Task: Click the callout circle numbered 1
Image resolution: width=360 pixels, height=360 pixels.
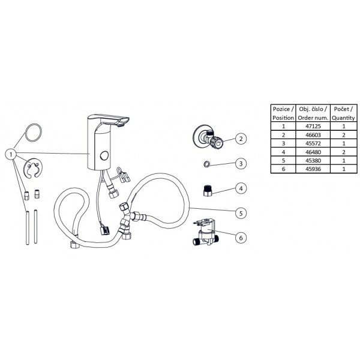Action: (x=11, y=154)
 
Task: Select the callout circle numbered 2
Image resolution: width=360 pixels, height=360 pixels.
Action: (x=241, y=139)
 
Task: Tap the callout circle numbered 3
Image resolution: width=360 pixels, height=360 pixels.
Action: (x=241, y=164)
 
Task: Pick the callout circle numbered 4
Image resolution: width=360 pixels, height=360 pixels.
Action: (x=241, y=188)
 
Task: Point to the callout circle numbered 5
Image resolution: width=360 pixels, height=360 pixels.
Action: (x=241, y=213)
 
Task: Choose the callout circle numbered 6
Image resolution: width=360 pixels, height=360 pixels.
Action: (x=241, y=238)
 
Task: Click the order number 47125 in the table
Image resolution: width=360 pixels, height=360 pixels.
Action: (x=313, y=126)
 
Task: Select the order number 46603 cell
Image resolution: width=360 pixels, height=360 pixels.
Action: (x=313, y=135)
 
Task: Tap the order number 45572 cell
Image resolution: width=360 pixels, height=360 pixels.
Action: (x=313, y=143)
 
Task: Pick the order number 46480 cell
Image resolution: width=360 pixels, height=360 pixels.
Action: (x=313, y=152)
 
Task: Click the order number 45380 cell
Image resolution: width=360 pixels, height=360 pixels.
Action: (x=313, y=160)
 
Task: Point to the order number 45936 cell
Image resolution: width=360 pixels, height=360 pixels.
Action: (x=313, y=169)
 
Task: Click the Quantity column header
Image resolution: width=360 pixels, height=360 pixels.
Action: (x=343, y=113)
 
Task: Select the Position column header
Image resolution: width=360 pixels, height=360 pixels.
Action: (x=283, y=113)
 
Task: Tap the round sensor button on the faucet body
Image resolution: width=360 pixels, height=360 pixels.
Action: (x=104, y=156)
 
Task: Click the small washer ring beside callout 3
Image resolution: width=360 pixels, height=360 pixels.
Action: (x=206, y=164)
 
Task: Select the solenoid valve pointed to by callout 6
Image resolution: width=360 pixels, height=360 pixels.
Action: (x=206, y=232)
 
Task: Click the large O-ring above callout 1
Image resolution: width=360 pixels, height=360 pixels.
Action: (x=34, y=133)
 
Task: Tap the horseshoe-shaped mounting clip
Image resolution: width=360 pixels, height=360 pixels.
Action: (x=33, y=168)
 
